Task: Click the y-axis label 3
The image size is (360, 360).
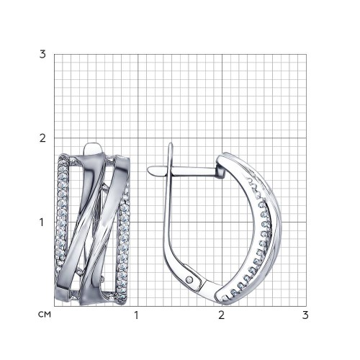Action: click(42, 55)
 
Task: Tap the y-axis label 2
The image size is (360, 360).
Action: click(42, 138)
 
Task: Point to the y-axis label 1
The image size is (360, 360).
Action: click(42, 222)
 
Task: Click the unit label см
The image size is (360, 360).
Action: click(45, 315)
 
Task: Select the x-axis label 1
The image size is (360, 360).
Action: click(137, 315)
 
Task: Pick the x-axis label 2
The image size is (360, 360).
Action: click(222, 315)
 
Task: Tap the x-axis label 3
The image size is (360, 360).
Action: click(305, 315)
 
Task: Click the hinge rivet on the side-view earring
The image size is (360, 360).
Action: click(190, 279)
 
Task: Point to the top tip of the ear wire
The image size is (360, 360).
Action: click(171, 143)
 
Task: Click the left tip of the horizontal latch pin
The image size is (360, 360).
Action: click(148, 169)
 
